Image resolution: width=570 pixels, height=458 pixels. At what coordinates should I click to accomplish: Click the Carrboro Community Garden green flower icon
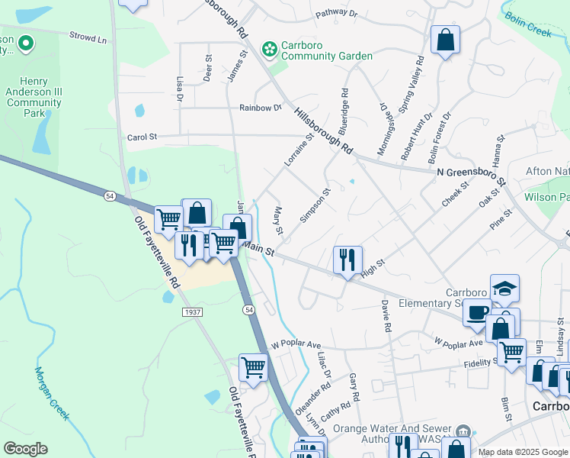pyautogui.click(x=268, y=50)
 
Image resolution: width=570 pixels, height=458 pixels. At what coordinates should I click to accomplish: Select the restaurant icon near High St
pyautogui.click(x=347, y=260)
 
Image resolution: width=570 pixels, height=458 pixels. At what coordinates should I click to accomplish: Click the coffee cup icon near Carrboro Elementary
pyautogui.click(x=477, y=312)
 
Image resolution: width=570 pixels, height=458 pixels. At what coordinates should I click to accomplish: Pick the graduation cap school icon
pyautogui.click(x=504, y=289)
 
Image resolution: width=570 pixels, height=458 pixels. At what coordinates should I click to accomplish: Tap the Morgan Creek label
pyautogui.click(x=51, y=393)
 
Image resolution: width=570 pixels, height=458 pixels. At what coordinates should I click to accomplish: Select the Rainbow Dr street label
pyautogui.click(x=260, y=108)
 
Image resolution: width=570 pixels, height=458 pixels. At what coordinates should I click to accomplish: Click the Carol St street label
pyautogui.click(x=141, y=137)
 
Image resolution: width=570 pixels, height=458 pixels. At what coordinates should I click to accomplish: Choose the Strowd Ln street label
pyautogui.click(x=88, y=36)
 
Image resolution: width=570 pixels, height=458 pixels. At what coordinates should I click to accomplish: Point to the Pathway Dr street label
pyautogui.click(x=337, y=14)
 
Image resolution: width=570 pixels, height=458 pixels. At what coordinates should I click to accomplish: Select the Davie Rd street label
pyautogui.click(x=386, y=315)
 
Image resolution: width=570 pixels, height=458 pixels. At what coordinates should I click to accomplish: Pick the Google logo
pyautogui.click(x=25, y=449)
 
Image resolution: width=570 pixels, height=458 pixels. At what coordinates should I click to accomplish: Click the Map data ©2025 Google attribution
pyautogui.click(x=522, y=453)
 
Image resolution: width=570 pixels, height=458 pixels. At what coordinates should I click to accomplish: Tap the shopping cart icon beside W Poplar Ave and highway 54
pyautogui.click(x=252, y=367)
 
